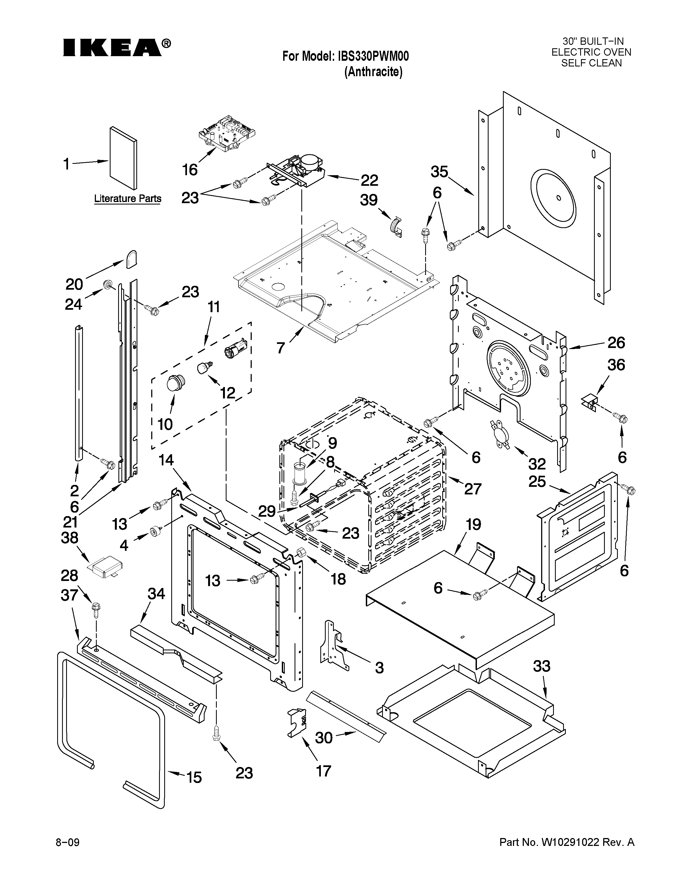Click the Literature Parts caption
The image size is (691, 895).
[x=128, y=199]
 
